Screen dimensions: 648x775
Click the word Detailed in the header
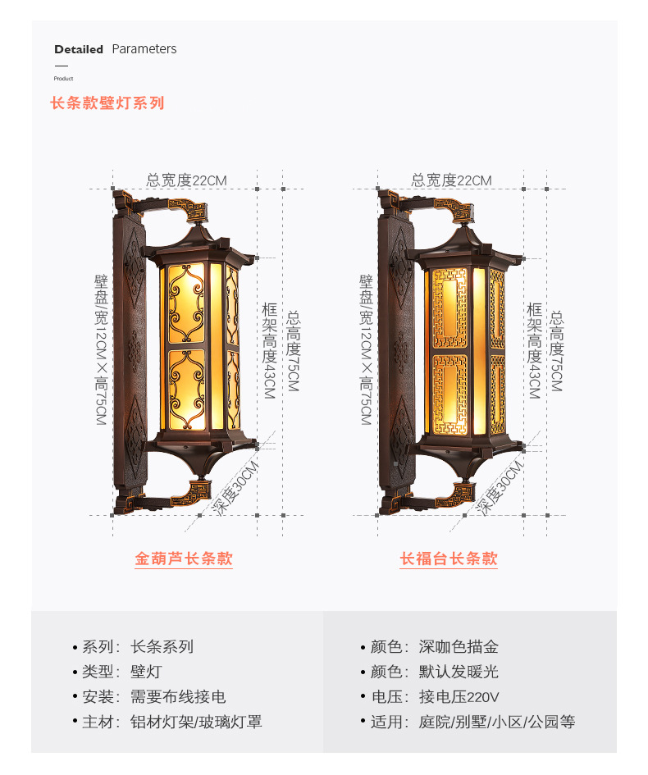click(x=79, y=49)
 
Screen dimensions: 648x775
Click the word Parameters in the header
click(x=144, y=49)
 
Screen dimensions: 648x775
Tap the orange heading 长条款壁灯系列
click(x=107, y=103)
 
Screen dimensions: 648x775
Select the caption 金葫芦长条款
click(x=184, y=559)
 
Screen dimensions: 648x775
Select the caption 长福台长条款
click(x=449, y=559)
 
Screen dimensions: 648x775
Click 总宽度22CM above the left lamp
click(x=186, y=180)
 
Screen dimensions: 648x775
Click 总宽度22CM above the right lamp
click(x=451, y=180)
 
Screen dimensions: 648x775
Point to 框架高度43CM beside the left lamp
click(x=269, y=350)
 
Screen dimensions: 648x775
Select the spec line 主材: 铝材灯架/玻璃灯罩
click(x=171, y=723)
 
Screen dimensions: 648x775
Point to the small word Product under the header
click(x=63, y=79)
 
